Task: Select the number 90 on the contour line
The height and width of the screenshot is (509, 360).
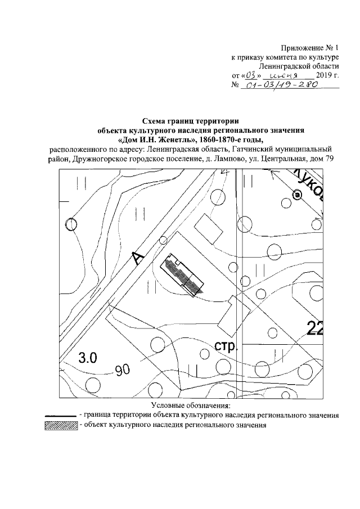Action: (123, 370)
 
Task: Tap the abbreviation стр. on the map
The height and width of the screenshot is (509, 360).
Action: (227, 345)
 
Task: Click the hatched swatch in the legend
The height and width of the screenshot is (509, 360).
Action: (60, 425)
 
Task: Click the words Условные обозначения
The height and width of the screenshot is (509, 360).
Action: (191, 406)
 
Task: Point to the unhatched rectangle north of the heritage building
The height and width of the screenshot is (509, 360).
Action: (208, 230)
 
